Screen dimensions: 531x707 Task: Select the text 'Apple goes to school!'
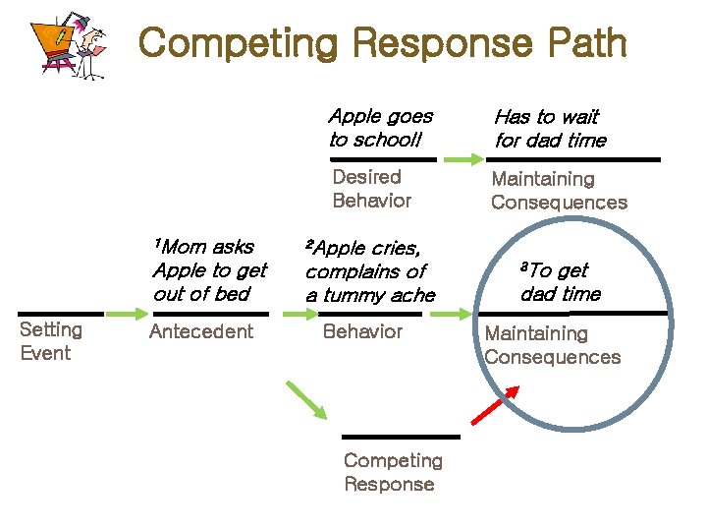(380, 128)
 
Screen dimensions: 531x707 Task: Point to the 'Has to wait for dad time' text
(550, 129)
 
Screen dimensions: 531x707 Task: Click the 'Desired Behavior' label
(371, 189)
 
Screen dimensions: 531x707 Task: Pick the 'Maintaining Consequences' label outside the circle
(558, 191)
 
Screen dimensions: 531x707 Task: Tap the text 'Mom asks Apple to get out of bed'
(208, 270)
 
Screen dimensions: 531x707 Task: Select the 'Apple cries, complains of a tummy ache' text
(368, 270)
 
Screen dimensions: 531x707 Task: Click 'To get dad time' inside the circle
(560, 281)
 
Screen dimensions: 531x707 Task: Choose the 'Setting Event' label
(51, 341)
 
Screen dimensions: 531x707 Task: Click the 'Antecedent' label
(200, 331)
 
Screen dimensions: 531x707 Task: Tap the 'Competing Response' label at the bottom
(393, 472)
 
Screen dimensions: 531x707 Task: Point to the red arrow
(496, 404)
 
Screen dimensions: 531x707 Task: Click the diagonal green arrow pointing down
(306, 400)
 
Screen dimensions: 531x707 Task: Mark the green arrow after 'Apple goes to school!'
(462, 158)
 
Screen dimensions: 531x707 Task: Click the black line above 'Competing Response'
(401, 436)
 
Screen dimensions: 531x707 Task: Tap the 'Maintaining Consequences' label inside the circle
(552, 345)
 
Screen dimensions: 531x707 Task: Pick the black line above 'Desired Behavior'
(383, 158)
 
